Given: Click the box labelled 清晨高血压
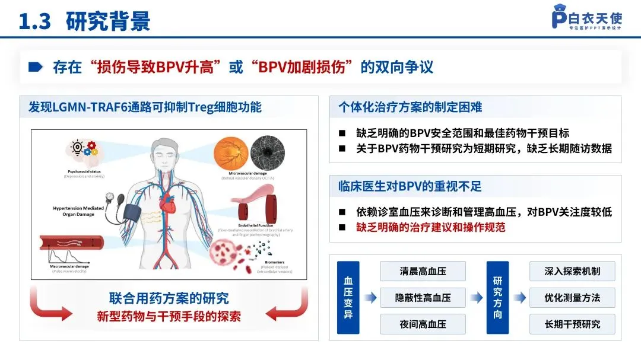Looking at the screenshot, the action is tap(423, 271).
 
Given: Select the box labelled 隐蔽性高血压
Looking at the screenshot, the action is tap(423, 298).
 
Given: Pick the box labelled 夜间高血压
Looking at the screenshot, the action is tap(423, 324).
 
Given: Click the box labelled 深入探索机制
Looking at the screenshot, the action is tap(572, 271).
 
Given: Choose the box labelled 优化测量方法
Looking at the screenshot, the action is tap(572, 298).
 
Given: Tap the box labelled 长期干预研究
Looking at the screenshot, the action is tap(572, 324).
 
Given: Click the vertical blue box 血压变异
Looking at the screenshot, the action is tap(348, 298).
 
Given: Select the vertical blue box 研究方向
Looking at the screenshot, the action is tap(497, 298).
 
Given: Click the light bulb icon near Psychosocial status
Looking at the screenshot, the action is tap(77, 148).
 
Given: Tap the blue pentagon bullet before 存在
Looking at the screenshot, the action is tap(36, 66).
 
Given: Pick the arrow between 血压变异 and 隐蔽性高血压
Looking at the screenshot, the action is tap(370, 298).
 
